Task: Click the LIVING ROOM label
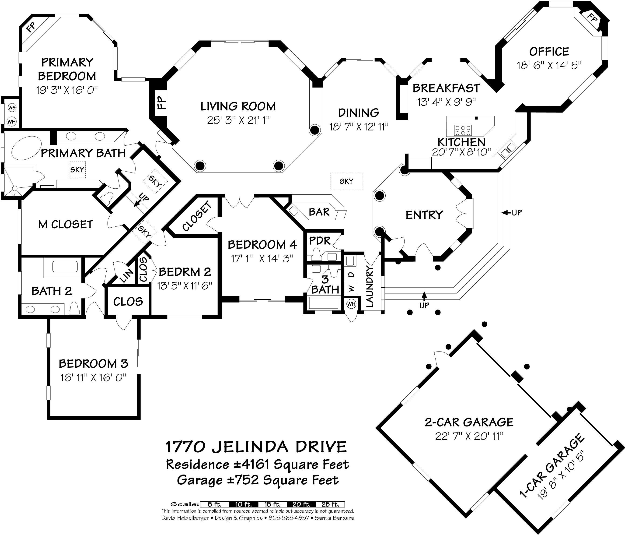point(238,106)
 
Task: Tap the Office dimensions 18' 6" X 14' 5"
point(549,65)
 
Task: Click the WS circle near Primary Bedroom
point(11,107)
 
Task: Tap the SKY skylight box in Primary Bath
point(77,170)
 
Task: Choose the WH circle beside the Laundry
point(351,304)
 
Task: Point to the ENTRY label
point(424,215)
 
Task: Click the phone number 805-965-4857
point(289,518)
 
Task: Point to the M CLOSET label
point(66,225)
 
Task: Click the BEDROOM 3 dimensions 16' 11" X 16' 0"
point(93,377)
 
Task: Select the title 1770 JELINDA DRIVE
point(256,447)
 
